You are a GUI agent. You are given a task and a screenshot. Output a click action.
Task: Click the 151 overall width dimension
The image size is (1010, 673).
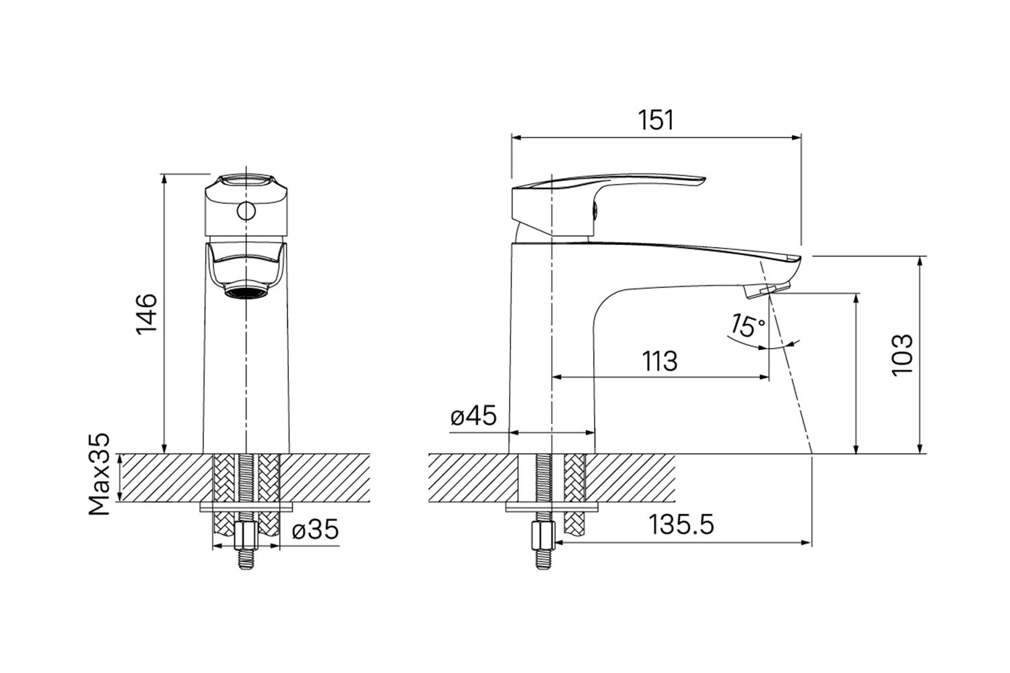click(656, 120)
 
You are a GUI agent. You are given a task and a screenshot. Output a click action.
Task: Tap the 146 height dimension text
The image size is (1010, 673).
click(147, 314)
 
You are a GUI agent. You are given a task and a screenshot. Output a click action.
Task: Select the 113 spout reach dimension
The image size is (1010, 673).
click(660, 361)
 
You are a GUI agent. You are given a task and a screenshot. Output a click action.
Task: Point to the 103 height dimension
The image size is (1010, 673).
click(902, 354)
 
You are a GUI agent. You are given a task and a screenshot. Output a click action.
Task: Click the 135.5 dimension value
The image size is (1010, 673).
click(681, 525)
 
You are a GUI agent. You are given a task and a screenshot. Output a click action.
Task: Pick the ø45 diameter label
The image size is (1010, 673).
click(473, 415)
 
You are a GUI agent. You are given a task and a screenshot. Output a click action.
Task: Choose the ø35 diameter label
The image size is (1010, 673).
click(315, 529)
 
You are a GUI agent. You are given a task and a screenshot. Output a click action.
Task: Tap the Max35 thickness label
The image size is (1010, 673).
click(100, 474)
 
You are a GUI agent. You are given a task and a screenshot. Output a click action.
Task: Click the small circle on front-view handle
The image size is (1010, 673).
click(246, 211)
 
